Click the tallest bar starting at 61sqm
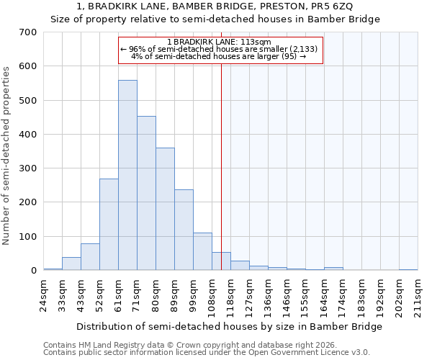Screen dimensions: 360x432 click(x=127, y=175)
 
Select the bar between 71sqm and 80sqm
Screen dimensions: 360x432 click(x=146, y=193)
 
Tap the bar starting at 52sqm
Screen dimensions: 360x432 click(x=109, y=225)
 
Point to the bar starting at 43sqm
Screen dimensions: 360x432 click(x=90, y=257)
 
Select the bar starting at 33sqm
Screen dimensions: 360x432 click(x=71, y=264)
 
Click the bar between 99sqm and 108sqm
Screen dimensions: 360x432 click(x=202, y=251)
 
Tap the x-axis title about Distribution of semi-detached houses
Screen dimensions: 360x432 click(x=229, y=326)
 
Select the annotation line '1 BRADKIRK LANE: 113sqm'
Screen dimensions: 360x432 click(x=219, y=42)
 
